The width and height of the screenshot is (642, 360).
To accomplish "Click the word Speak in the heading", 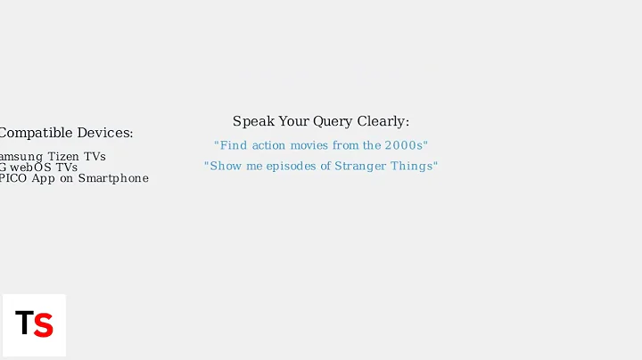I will (251, 122).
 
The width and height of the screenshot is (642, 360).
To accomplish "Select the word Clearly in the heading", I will (383, 122).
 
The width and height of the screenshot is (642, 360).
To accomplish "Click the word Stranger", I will (362, 167).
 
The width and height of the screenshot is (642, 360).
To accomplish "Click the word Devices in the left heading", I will (105, 134).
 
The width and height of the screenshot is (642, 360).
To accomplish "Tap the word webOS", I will (30, 168).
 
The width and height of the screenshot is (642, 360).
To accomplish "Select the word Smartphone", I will (113, 178).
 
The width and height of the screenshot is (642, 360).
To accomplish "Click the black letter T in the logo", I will (24, 324).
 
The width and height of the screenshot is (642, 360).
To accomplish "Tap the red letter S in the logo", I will (44, 325).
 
